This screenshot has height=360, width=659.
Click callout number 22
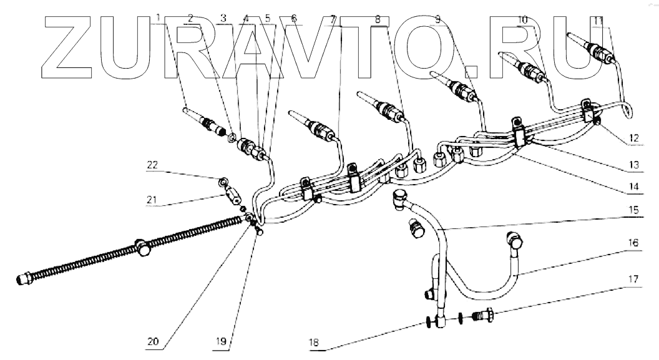(x=152, y=165)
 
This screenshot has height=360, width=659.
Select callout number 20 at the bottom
(x=153, y=341)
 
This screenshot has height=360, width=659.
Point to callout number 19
(x=221, y=341)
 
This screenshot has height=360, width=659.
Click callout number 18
(x=313, y=343)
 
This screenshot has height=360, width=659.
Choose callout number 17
(x=633, y=279)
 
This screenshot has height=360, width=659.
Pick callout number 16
(x=633, y=243)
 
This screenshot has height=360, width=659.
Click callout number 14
(x=633, y=186)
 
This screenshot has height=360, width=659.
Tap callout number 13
(x=633, y=164)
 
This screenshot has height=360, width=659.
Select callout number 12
(x=633, y=138)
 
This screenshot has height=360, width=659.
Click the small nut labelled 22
(x=223, y=182)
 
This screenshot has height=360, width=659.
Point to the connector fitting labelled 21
(x=233, y=195)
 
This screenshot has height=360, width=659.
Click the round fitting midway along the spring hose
(x=142, y=248)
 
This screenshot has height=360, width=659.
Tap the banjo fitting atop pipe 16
(x=515, y=240)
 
